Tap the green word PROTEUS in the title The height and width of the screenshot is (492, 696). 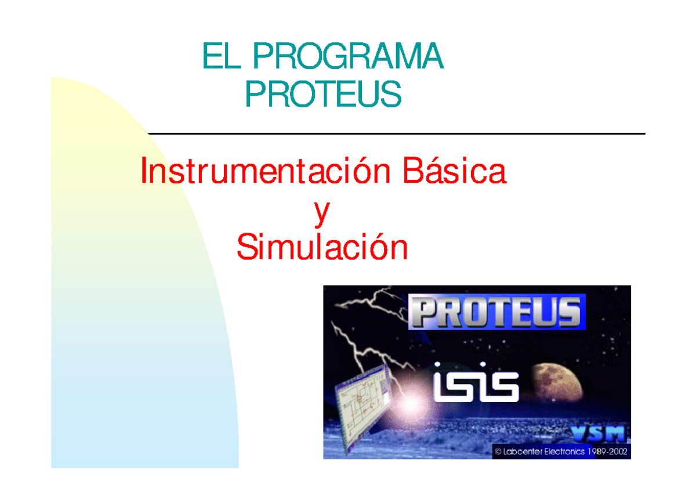pos(323,94)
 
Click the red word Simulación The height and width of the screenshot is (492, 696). pos(322,248)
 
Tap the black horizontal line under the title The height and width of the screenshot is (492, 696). pos(396,133)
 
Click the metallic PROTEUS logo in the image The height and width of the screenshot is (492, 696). pos(496,312)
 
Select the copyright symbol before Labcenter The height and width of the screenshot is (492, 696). pos(498,451)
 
